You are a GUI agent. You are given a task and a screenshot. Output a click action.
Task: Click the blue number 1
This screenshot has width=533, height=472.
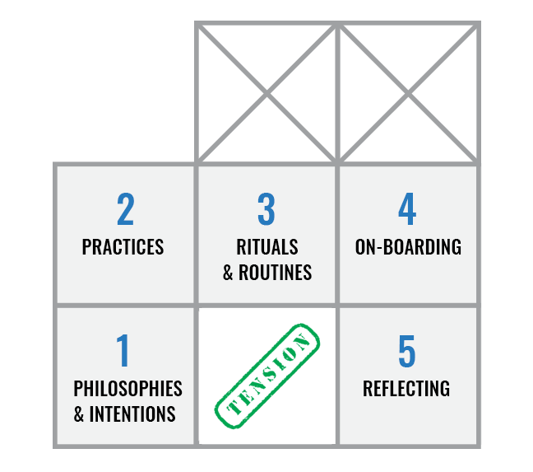(x=123, y=351)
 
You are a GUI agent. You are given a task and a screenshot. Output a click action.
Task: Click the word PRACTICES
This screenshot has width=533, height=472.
(x=123, y=247)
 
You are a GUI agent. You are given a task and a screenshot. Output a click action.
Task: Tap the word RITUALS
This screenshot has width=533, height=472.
(x=266, y=247)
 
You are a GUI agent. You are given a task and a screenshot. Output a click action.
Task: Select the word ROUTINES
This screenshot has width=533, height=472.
(x=276, y=273)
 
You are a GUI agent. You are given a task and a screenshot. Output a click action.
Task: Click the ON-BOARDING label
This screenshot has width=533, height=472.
(x=408, y=247)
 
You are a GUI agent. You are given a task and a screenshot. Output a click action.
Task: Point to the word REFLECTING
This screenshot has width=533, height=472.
(x=406, y=388)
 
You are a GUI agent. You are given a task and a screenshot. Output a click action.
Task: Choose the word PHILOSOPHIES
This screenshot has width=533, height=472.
(x=127, y=388)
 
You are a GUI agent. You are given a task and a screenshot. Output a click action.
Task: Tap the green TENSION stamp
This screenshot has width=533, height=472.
(x=267, y=376)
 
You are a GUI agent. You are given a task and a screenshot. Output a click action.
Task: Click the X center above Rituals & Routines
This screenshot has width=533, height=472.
(x=267, y=91)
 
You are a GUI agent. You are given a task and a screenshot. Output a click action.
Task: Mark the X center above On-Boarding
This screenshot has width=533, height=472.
(x=409, y=91)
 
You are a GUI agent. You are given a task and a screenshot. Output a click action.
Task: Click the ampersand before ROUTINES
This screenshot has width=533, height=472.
(x=229, y=273)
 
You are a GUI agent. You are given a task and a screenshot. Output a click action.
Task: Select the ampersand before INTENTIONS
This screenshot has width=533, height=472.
(x=79, y=414)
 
